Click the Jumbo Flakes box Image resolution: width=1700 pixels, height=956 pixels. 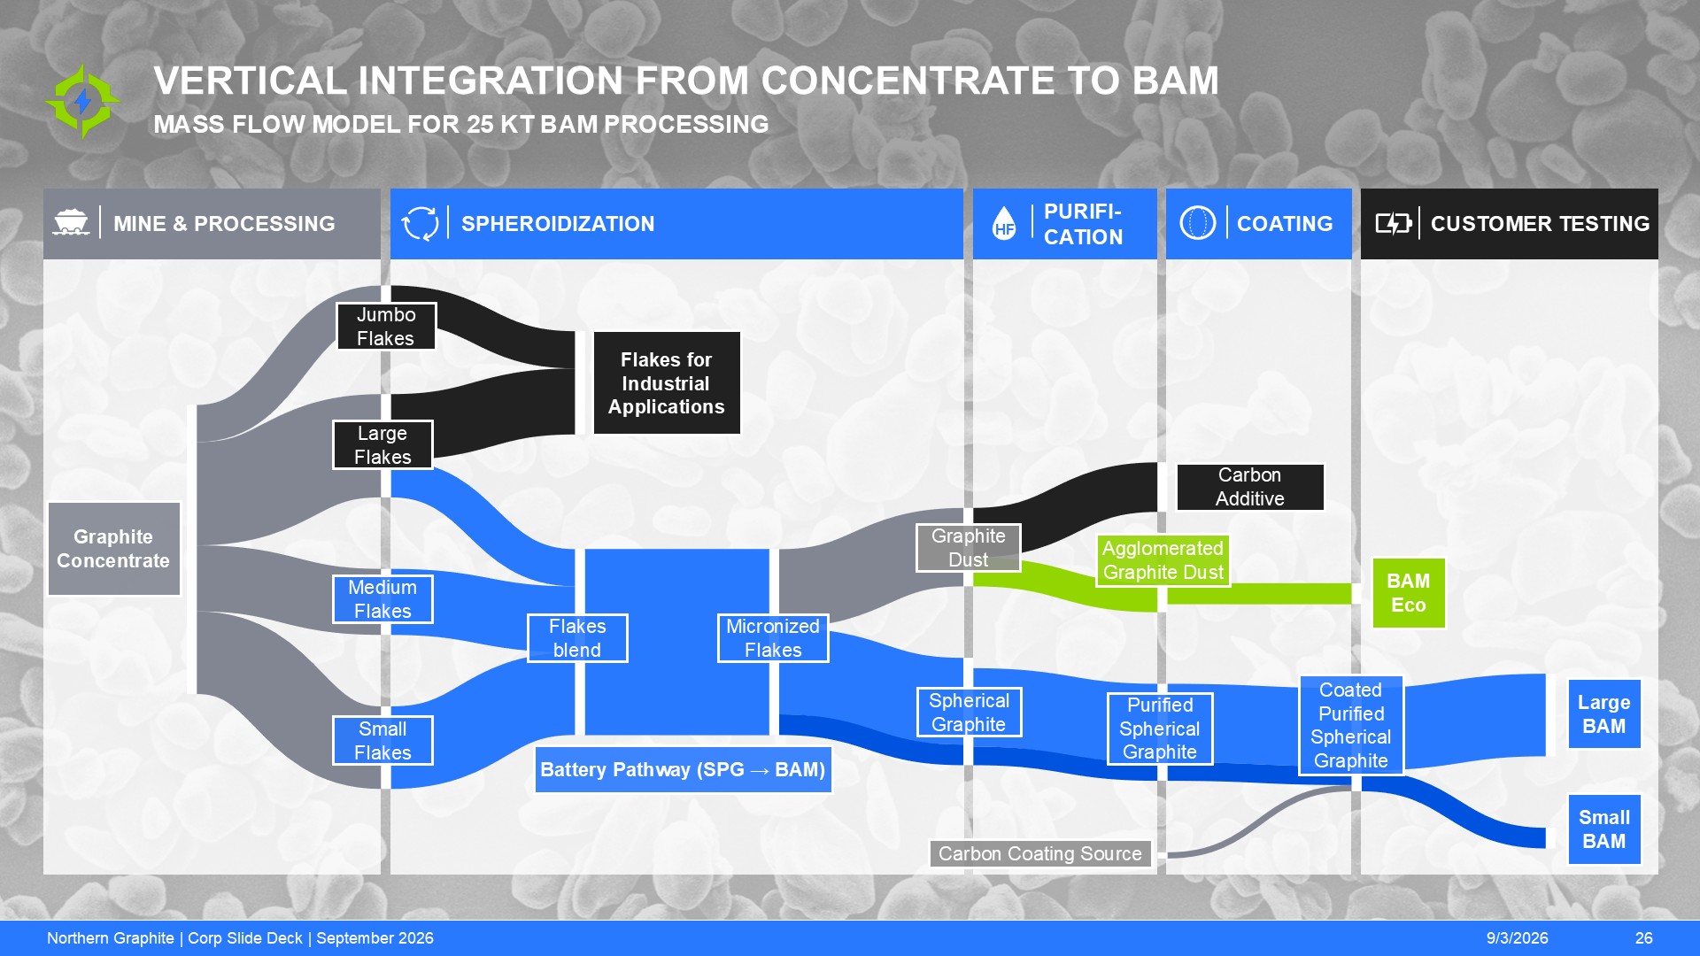click(x=386, y=327)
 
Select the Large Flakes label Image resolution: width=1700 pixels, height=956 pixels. click(x=382, y=445)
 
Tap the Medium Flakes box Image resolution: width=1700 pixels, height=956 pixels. click(x=382, y=599)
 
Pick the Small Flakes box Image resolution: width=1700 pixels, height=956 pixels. click(x=382, y=741)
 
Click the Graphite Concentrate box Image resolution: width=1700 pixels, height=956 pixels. click(x=113, y=549)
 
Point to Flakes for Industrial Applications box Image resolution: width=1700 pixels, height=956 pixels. click(x=667, y=383)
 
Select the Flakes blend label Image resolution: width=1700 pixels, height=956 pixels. click(x=577, y=638)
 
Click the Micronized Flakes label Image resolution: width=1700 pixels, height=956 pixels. click(x=773, y=638)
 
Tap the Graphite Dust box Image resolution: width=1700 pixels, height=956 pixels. click(x=969, y=548)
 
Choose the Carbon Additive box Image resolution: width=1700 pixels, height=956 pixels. click(x=1250, y=487)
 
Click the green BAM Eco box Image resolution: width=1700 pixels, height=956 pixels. click(x=1409, y=593)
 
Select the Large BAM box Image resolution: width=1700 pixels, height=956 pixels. click(x=1604, y=714)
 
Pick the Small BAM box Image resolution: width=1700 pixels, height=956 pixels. click(x=1604, y=829)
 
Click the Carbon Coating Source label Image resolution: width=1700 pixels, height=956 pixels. click(x=1040, y=854)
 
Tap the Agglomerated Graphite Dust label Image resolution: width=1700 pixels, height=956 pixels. click(x=1163, y=560)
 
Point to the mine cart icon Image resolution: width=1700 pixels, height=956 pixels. click(x=71, y=222)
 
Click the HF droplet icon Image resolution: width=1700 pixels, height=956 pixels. click(x=1004, y=223)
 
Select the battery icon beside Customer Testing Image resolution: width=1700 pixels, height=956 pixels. click(x=1394, y=223)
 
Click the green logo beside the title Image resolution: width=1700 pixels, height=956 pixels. click(x=83, y=101)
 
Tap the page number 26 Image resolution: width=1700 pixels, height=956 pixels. click(x=1644, y=938)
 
